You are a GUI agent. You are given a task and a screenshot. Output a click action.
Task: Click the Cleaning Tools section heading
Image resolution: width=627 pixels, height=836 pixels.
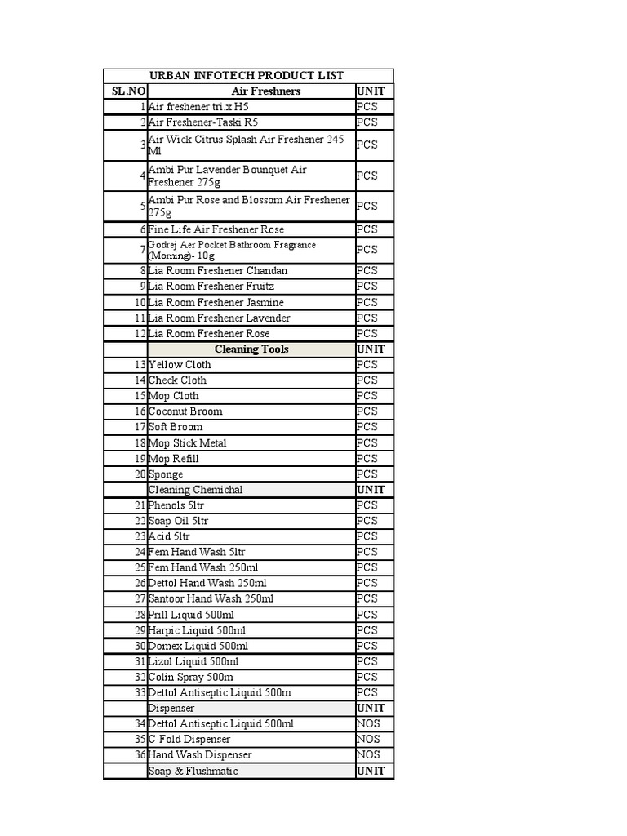click(251, 349)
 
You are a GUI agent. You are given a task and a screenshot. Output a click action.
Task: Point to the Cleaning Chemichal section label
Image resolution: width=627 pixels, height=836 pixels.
click(195, 490)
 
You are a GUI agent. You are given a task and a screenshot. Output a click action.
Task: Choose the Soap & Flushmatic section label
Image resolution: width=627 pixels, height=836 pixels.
click(193, 771)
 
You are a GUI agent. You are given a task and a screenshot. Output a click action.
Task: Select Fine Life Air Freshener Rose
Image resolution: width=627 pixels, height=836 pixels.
click(216, 229)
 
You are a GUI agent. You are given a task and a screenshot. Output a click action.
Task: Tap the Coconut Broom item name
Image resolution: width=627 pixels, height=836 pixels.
click(185, 411)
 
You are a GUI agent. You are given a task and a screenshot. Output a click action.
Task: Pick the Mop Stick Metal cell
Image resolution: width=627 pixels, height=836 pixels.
click(188, 442)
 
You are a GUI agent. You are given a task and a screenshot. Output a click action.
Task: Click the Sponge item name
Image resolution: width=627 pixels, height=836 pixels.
click(166, 474)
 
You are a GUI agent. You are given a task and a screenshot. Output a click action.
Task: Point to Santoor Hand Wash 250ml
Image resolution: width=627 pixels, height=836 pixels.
click(211, 598)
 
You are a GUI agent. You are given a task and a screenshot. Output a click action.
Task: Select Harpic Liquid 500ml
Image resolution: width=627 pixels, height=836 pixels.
click(197, 630)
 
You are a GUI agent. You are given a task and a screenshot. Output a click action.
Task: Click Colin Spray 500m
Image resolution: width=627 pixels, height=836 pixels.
click(191, 677)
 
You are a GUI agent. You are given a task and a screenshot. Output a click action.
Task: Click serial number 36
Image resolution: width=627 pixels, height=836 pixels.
click(140, 755)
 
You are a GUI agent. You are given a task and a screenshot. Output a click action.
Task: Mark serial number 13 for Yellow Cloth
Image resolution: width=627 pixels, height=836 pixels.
click(140, 365)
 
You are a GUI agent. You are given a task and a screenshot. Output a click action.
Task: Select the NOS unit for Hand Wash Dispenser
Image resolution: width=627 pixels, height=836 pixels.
click(368, 755)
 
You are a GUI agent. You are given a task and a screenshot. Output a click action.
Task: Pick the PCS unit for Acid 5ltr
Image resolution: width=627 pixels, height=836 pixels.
click(367, 536)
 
